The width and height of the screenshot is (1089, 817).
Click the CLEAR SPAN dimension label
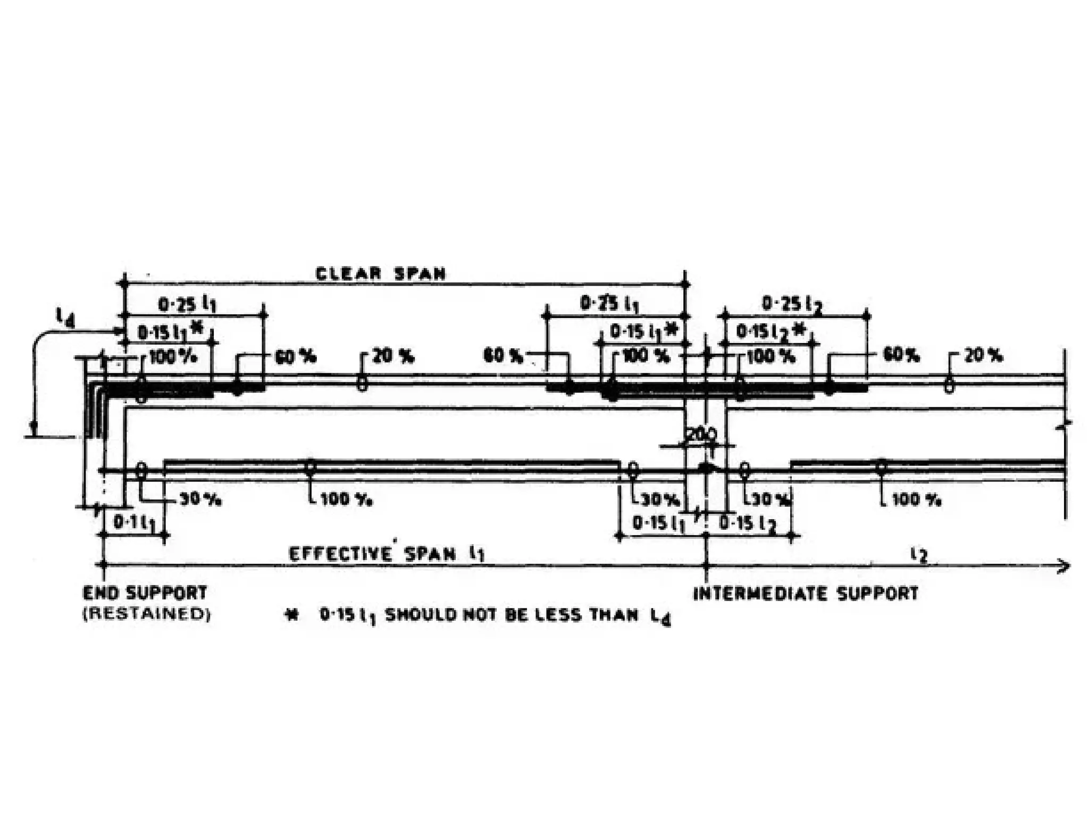pyautogui.click(x=380, y=273)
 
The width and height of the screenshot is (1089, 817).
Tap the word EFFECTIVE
pyautogui.click(x=340, y=554)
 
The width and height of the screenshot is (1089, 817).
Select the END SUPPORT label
pyautogui.click(x=145, y=593)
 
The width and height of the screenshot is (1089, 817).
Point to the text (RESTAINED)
pyautogui.click(x=147, y=614)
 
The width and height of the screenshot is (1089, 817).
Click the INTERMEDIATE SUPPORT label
pyautogui.click(x=806, y=593)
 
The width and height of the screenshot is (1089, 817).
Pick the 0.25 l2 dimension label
pyautogui.click(x=792, y=304)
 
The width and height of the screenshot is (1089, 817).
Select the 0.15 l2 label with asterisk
pyautogui.click(x=770, y=332)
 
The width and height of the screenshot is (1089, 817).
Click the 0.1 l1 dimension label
pyautogui.click(x=134, y=523)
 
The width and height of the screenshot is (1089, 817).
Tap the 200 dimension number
pyautogui.click(x=701, y=435)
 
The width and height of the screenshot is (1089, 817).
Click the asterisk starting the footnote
pyautogui.click(x=291, y=615)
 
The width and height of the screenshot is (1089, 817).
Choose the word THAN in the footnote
pyautogui.click(x=614, y=615)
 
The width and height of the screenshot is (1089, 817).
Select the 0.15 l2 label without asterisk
pyautogui.click(x=748, y=524)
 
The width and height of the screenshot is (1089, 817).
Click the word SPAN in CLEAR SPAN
pyautogui.click(x=420, y=273)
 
